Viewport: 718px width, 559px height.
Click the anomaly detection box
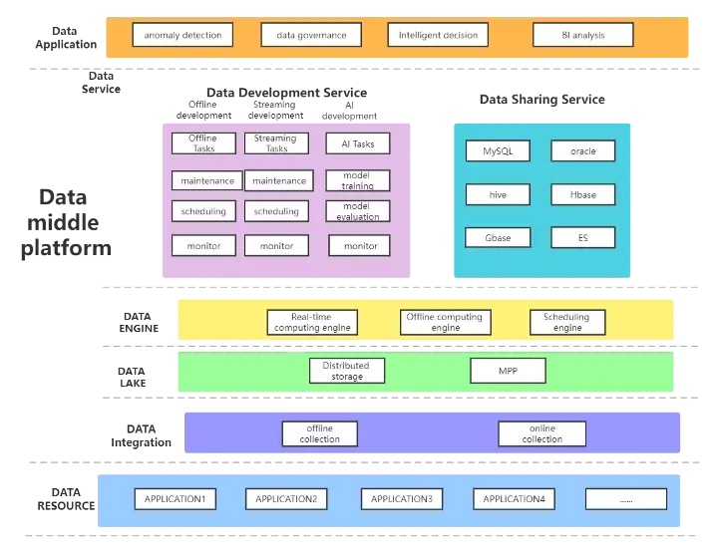(181, 36)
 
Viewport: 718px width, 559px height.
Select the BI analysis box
(582, 36)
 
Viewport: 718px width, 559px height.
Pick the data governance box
(304, 36)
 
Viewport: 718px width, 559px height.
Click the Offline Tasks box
(203, 143)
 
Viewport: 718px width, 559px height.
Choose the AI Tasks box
(358, 143)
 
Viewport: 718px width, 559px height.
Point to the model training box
(358, 180)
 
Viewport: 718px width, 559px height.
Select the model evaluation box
(358, 211)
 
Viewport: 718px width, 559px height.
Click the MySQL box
(498, 151)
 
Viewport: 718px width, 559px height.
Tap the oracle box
(582, 151)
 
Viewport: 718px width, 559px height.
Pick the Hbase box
(582, 194)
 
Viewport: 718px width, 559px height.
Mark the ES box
(582, 237)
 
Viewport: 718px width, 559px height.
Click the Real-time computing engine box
(311, 322)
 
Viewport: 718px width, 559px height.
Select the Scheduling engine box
(567, 322)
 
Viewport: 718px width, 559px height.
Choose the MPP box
(508, 372)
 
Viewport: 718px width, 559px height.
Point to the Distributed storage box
(346, 372)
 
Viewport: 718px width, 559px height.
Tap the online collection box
(541, 433)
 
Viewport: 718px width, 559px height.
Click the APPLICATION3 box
(401, 498)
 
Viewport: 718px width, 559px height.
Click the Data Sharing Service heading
(541, 100)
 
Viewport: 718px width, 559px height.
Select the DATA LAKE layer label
(132, 377)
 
